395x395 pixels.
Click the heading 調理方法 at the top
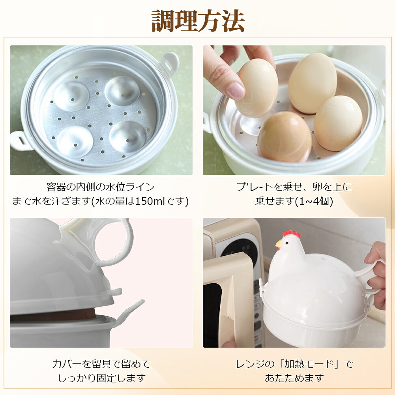198,21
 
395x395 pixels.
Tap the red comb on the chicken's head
292,233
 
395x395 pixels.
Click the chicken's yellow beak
278,243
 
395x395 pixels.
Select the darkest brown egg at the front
285,137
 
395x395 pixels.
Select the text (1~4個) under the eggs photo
314,201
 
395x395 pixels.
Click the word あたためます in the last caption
294,378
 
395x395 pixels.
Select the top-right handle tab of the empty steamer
170,63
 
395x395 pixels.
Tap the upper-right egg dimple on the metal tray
122,91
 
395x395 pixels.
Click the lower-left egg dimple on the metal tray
75,142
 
